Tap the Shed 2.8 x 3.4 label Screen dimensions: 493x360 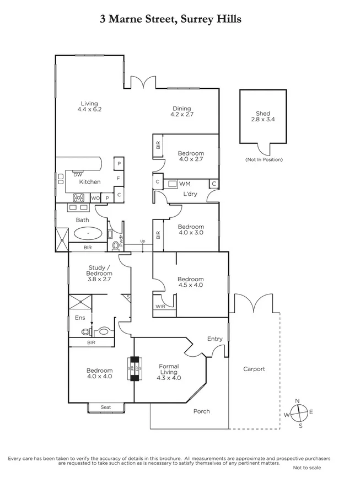pos(263,116)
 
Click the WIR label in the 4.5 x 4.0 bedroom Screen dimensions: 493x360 pos(160,306)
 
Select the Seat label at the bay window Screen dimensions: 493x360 pos(106,408)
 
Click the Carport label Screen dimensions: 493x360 pos(254,369)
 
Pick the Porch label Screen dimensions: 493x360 pos(201,411)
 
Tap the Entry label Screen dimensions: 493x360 pos(214,339)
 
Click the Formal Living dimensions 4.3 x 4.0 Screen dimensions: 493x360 pos(169,378)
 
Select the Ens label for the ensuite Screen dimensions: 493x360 pos(79,318)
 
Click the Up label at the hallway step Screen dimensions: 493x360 pos(143,242)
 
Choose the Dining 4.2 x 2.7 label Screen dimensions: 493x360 pos(181,112)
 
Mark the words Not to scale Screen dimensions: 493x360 pos(307,467)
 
